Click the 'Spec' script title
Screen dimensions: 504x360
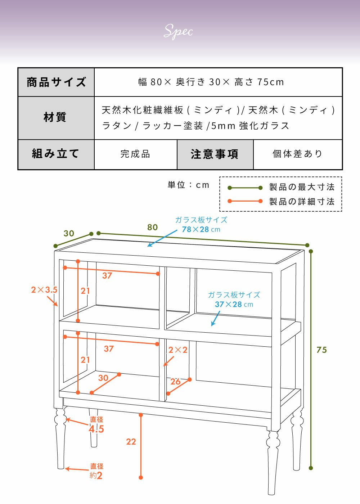click(179, 31)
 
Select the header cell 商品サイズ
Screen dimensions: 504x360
click(56, 82)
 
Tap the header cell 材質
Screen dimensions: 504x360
click(55, 117)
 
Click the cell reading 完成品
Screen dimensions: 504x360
click(135, 154)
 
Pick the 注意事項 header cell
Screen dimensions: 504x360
click(215, 154)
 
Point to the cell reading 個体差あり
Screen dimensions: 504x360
click(297, 154)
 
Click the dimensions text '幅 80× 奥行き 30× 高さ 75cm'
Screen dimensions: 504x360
click(211, 82)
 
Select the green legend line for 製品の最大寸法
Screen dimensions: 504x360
click(245, 188)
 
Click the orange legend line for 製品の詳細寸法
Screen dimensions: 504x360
click(245, 201)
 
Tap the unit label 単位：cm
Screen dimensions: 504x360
click(188, 185)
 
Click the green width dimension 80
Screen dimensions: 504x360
click(153, 227)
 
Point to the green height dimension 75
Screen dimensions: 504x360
click(322, 350)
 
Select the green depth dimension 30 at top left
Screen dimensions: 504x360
click(69, 233)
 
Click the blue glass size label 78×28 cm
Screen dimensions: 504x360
click(201, 229)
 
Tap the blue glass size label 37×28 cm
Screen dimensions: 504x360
click(234, 304)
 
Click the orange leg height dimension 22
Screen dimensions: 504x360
click(131, 442)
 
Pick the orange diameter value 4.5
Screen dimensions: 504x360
click(96, 429)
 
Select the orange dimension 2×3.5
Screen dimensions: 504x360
click(44, 290)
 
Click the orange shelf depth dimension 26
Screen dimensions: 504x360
click(175, 382)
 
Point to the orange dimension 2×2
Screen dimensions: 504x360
click(178, 350)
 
